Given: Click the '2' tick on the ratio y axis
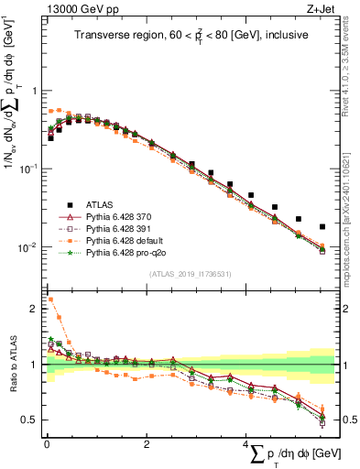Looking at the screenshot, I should pos(35,309).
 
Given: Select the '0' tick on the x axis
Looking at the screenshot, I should pos(47,444).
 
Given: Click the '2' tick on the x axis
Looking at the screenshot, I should pos(147,444).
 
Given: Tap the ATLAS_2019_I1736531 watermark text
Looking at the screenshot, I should pos(189,275).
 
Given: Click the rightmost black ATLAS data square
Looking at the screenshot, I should pos(322,226).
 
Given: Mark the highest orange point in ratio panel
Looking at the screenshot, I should pos(50,299).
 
